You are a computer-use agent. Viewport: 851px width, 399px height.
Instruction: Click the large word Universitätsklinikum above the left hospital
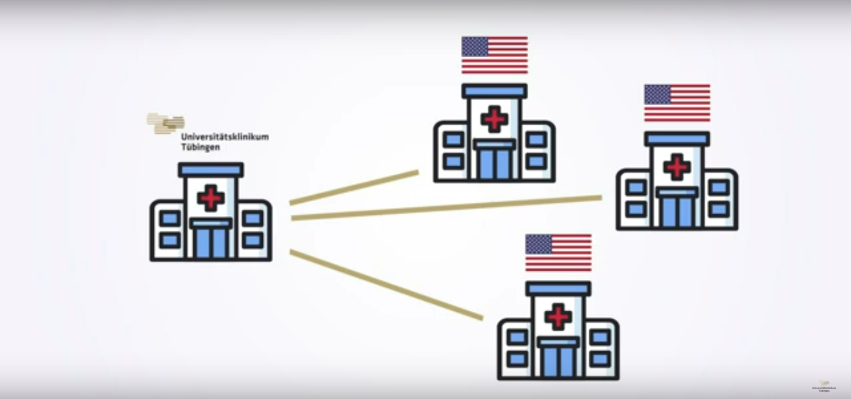pos(225,137)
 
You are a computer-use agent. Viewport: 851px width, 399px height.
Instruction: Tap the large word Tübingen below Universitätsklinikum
pos(200,148)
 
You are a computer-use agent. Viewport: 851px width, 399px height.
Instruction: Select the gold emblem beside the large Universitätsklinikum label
pos(165,123)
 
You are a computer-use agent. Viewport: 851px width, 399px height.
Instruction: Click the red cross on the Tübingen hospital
pos(211,198)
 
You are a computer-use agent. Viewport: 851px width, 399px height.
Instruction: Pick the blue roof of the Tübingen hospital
pos(211,169)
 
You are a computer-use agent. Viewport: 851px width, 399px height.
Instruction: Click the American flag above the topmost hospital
pos(495,55)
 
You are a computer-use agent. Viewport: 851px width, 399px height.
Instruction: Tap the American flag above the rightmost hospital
pos(677,103)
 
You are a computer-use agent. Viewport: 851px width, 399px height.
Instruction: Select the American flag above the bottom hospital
pos(558,252)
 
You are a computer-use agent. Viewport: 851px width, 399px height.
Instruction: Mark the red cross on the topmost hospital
pos(495,119)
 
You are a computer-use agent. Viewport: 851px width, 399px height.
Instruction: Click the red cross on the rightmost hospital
pos(677,167)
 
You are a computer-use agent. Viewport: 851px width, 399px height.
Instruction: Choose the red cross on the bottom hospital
pos(558,317)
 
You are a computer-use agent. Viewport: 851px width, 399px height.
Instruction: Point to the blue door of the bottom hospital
pos(558,361)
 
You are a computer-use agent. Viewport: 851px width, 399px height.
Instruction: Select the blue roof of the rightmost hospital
pos(677,138)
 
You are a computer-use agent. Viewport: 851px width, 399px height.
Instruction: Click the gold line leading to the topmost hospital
pos(354,187)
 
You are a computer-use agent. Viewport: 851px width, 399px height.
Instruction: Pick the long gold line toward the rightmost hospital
pos(446,208)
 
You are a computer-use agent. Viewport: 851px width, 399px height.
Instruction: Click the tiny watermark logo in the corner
pos(824,387)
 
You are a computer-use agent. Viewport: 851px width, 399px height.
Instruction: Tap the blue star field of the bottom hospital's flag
pos(539,244)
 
